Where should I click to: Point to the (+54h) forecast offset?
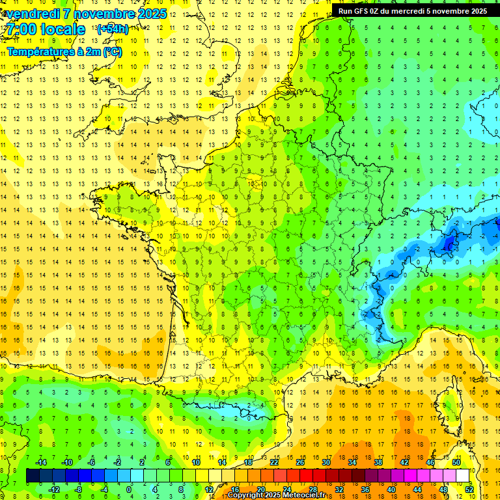point(113,29)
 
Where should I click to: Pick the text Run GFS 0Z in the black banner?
point(359,11)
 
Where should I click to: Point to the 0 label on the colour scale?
point(129,489)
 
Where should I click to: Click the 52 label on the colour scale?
point(469,489)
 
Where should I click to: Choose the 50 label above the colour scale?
point(456,462)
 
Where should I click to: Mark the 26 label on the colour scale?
point(300,462)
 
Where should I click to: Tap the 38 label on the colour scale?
point(378,462)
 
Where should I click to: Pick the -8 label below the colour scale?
point(78,489)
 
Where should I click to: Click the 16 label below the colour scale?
point(234,489)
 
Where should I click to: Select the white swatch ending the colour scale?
point(463,476)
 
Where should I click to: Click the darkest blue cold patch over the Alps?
point(448,243)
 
